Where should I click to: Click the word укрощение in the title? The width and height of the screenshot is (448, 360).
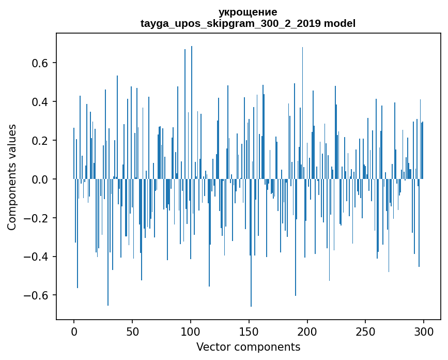click(x=248, y=12)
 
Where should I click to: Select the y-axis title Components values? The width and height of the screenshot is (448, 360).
click(x=12, y=177)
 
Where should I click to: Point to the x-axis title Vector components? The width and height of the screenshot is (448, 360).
click(x=248, y=347)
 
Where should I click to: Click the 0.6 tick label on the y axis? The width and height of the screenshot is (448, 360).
click(x=39, y=63)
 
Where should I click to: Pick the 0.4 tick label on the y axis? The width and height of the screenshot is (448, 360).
click(x=39, y=102)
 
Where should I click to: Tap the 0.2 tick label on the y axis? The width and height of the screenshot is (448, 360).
click(x=39, y=141)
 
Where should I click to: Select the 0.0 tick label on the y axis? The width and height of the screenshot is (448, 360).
click(x=39, y=179)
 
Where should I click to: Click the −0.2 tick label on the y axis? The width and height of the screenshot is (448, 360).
click(x=36, y=218)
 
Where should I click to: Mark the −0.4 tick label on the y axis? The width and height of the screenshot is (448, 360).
click(x=36, y=257)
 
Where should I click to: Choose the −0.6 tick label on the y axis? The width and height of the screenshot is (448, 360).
click(x=36, y=296)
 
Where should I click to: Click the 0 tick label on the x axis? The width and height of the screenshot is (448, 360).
click(x=74, y=331)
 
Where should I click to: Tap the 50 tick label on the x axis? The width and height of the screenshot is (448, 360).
click(x=132, y=331)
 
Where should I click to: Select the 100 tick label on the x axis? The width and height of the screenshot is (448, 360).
click(x=191, y=331)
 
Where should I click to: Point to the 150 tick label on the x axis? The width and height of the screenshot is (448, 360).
click(x=249, y=331)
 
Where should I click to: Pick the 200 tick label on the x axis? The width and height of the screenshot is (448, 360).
click(x=307, y=331)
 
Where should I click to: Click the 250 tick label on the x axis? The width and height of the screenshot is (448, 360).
click(x=365, y=331)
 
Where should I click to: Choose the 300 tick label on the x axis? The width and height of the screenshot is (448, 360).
click(x=424, y=331)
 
